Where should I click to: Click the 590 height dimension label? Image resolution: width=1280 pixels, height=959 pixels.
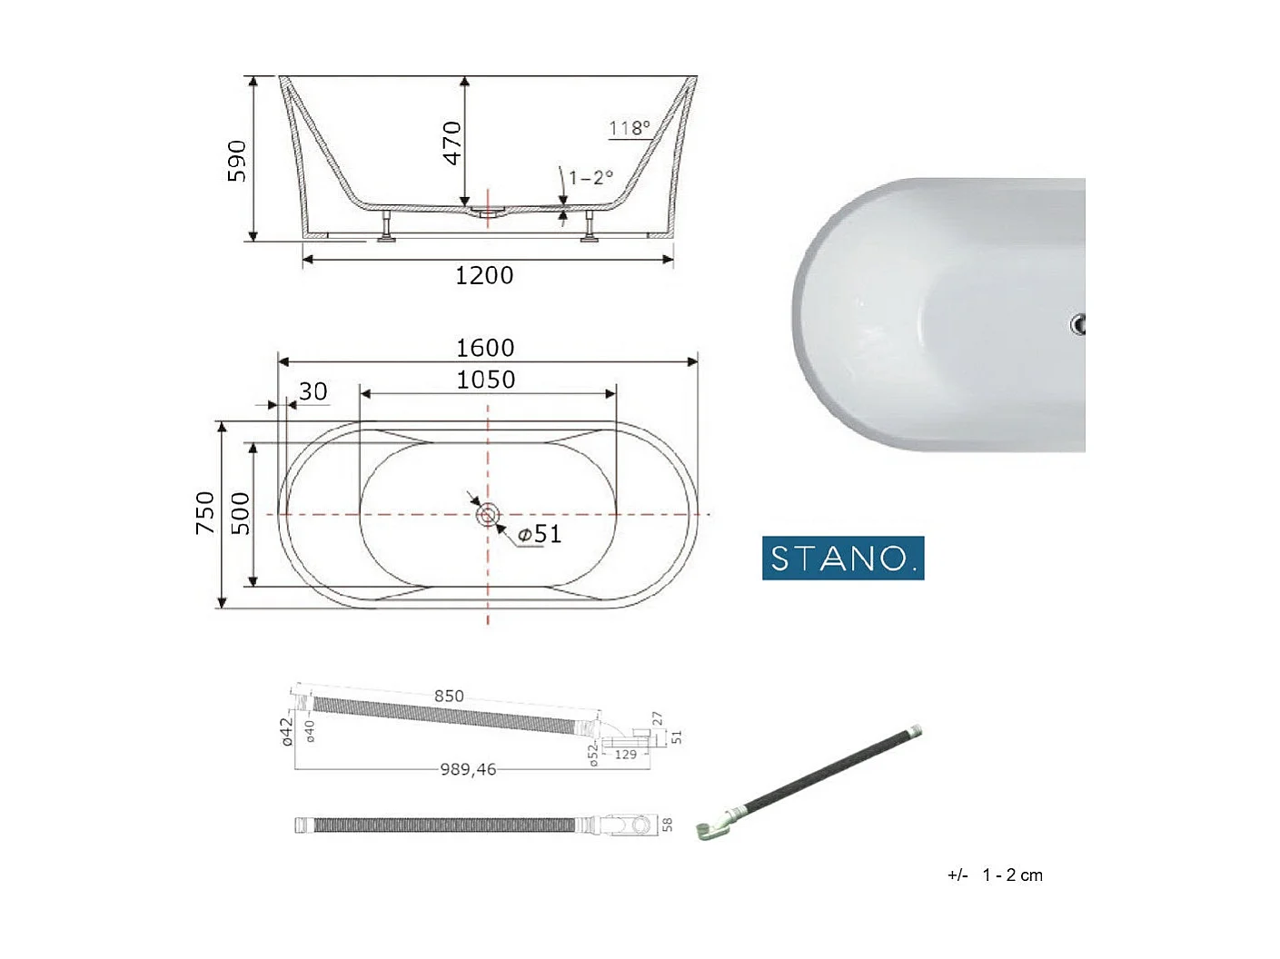(x=236, y=161)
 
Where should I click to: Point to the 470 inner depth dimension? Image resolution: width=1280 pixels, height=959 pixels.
(x=451, y=143)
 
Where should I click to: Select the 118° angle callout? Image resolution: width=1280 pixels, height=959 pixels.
(x=629, y=128)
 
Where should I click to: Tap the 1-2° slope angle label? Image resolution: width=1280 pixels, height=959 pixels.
(x=590, y=177)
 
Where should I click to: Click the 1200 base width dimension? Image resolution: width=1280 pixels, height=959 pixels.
(x=484, y=275)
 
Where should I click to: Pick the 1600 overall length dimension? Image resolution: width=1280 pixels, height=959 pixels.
(x=485, y=348)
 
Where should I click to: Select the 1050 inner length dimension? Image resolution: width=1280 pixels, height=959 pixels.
(x=485, y=380)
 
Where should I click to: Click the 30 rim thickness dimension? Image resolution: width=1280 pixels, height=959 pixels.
(x=313, y=391)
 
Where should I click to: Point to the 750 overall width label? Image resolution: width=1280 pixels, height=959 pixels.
(x=205, y=512)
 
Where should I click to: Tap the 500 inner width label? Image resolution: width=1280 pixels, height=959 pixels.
(x=240, y=513)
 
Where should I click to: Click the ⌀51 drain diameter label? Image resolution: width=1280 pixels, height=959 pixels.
(x=540, y=535)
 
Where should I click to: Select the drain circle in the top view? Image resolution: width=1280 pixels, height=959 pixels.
(x=488, y=516)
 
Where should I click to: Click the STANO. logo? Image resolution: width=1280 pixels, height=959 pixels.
(x=842, y=558)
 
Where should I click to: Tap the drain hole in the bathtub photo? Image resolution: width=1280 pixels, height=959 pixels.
(x=1078, y=324)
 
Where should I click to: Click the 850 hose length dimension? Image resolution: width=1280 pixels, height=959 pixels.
(x=449, y=696)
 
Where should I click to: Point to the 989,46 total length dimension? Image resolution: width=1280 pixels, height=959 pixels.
(x=468, y=769)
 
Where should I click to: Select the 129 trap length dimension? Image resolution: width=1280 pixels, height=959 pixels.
(x=626, y=755)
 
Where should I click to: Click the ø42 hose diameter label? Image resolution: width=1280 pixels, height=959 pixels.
(x=287, y=731)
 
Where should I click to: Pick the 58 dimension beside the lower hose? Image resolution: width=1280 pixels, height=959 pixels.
(x=668, y=825)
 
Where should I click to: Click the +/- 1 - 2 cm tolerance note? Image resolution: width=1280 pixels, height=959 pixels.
(x=995, y=875)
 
